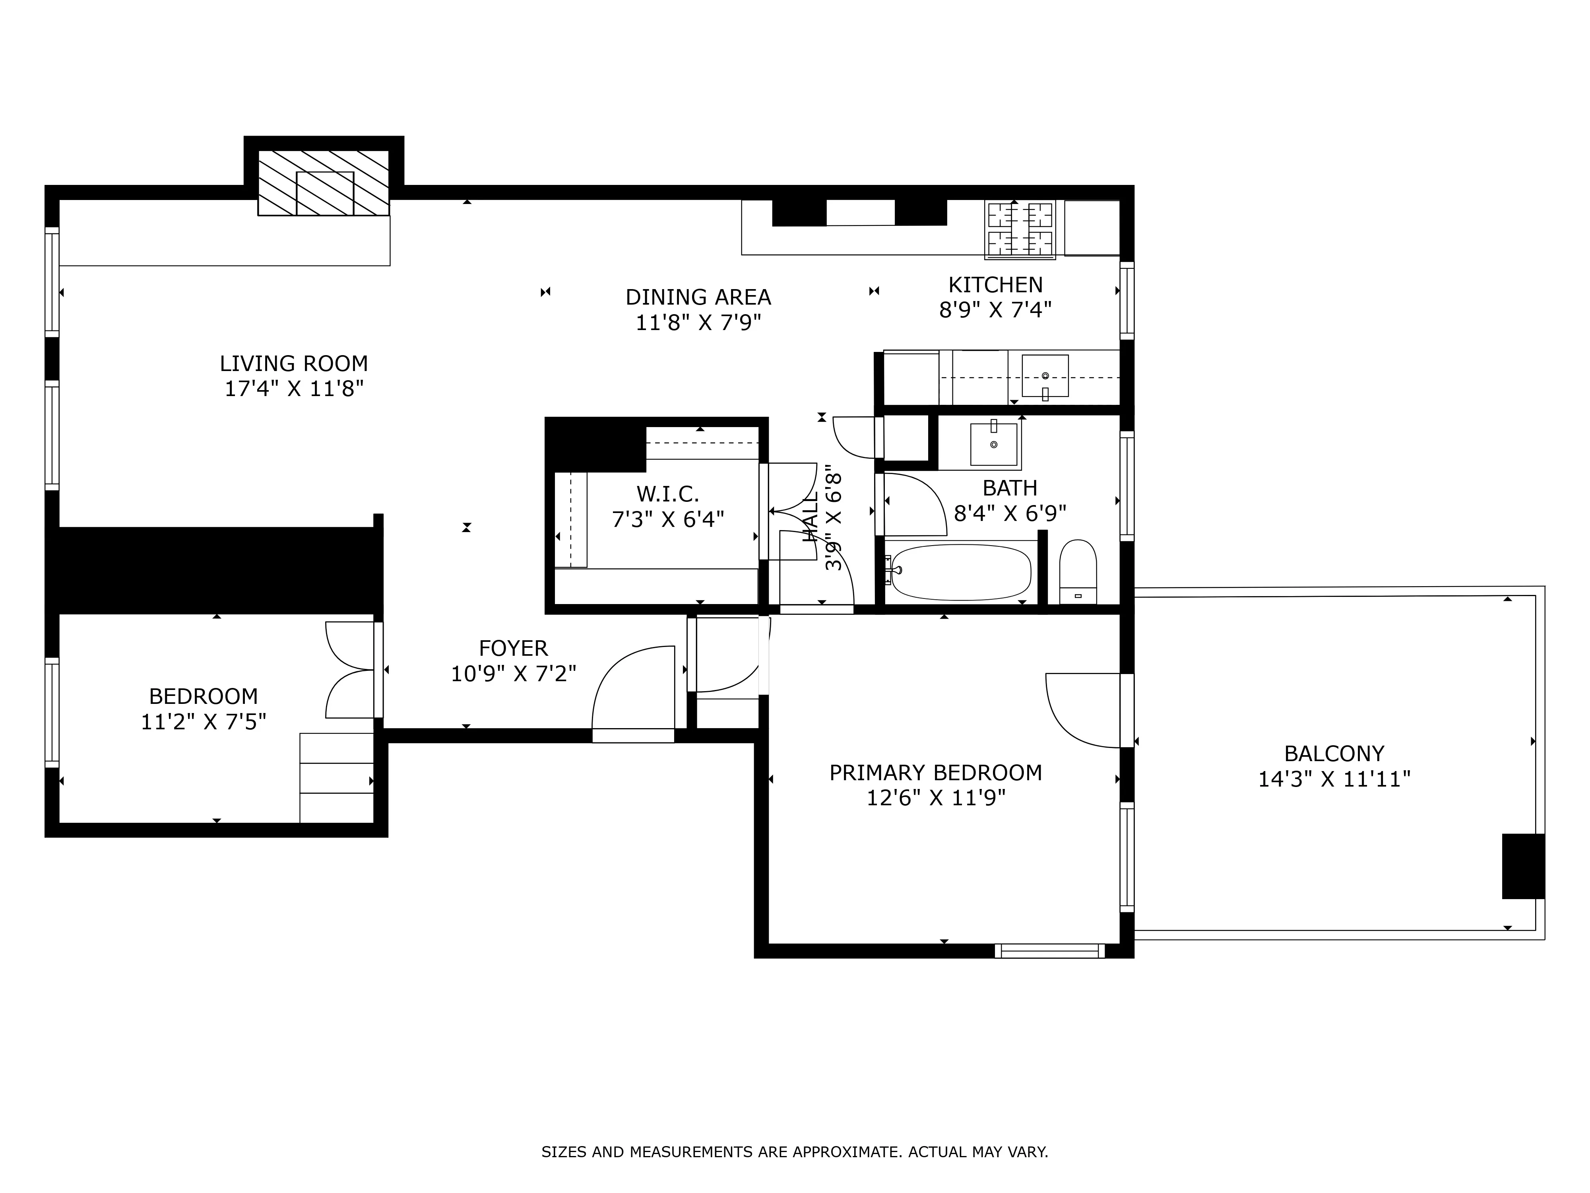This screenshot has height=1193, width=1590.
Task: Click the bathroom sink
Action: [994, 445]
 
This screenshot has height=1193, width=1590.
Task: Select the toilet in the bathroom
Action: [1078, 572]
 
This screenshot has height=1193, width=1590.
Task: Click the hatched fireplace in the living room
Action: [324, 183]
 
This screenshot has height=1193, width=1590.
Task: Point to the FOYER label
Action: [513, 649]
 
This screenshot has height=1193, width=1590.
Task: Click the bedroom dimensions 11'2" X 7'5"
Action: [204, 721]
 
